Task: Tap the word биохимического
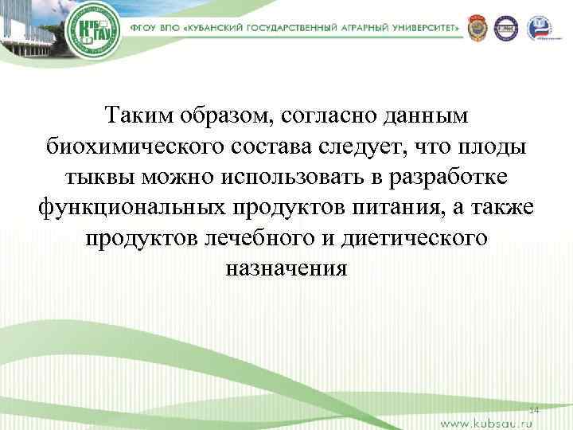pyautogui.click(x=127, y=147)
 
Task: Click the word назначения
pyautogui.click(x=286, y=268)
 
